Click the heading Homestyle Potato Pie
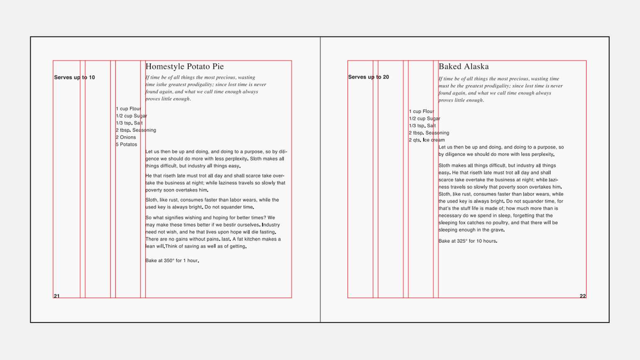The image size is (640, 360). click(x=185, y=67)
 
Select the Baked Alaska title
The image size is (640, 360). click(x=463, y=67)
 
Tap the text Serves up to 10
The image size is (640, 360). click(x=74, y=77)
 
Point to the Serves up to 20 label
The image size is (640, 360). click(x=369, y=77)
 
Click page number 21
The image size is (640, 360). click(x=57, y=296)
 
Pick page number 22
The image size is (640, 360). click(x=583, y=296)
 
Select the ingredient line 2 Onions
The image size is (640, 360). click(x=126, y=137)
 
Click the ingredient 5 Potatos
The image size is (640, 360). click(x=126, y=144)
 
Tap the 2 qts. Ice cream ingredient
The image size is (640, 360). click(x=427, y=140)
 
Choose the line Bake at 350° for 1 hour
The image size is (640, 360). click(x=172, y=261)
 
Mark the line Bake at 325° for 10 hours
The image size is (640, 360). click(x=468, y=241)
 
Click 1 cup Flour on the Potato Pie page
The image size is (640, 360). click(x=128, y=109)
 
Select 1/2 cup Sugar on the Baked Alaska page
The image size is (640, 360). click(x=424, y=118)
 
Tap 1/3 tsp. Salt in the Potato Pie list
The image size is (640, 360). click(x=129, y=123)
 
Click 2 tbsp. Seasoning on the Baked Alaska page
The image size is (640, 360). click(x=429, y=133)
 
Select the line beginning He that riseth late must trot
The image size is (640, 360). click(x=215, y=176)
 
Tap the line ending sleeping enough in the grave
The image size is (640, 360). click(x=471, y=230)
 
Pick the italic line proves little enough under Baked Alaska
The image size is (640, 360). click(x=461, y=100)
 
